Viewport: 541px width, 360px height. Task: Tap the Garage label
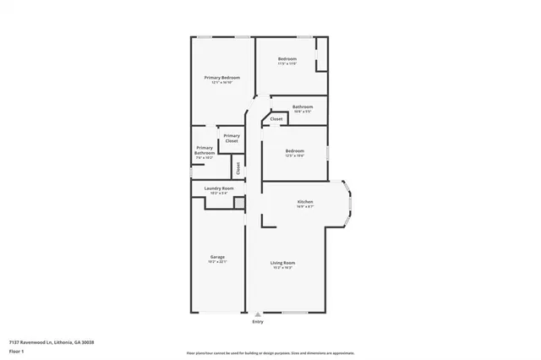click(x=217, y=257)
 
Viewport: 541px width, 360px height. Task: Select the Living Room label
click(x=281, y=264)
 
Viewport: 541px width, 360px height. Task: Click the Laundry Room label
click(x=219, y=188)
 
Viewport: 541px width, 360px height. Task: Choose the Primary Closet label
click(x=232, y=138)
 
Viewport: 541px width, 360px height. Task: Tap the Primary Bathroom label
click(x=205, y=151)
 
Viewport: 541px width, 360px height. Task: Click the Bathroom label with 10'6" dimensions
click(x=303, y=106)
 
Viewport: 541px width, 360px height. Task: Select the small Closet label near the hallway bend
click(x=276, y=120)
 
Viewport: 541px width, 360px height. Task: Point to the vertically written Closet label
click(x=238, y=168)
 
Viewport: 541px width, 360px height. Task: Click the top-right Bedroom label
click(x=287, y=58)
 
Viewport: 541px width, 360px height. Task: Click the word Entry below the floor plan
click(x=258, y=322)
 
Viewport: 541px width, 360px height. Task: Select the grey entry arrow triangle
click(x=258, y=314)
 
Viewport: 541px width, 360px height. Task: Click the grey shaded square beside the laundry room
click(x=239, y=204)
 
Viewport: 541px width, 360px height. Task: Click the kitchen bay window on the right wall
click(x=349, y=204)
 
